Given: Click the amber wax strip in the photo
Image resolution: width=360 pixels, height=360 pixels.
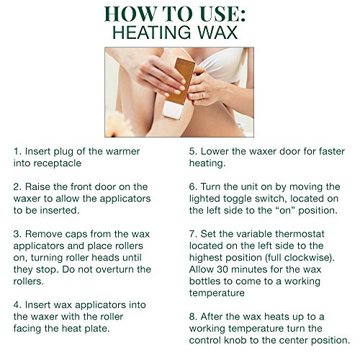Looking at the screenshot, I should tap(184, 81).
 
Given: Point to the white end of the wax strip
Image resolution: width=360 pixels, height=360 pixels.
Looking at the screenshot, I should tap(173, 110).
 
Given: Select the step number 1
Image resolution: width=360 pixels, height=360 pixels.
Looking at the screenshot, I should tap(16, 152).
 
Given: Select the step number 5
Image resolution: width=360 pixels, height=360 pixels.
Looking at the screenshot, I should tap(192, 152).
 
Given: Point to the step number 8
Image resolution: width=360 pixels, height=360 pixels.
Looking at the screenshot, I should tap(192, 316).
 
